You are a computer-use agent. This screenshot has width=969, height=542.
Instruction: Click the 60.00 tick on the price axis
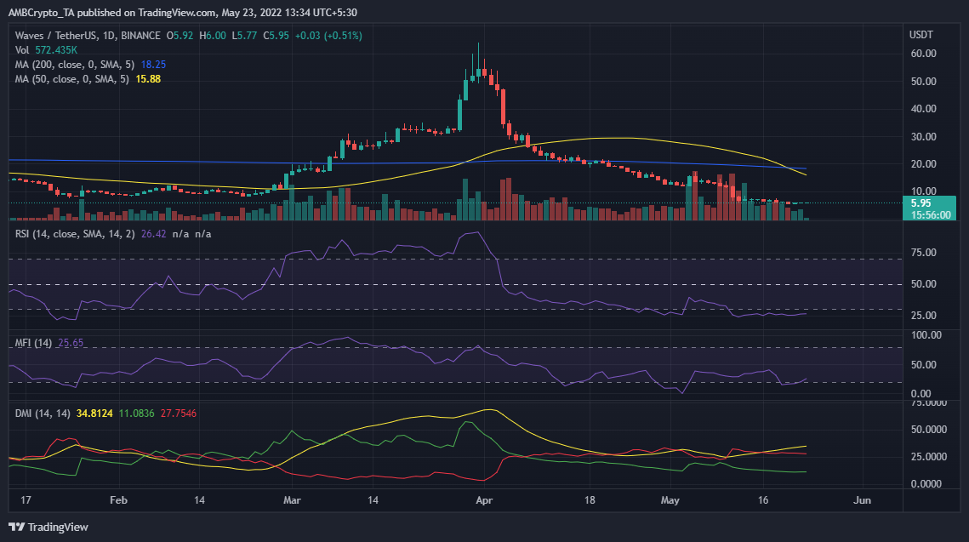tap(923, 54)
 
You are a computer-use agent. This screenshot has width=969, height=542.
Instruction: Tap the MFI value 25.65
tap(71, 343)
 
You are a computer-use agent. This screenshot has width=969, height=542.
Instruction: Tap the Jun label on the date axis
tap(862, 500)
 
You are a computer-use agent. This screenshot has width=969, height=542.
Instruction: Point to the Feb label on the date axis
tap(118, 500)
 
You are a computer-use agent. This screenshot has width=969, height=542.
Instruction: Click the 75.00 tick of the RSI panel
tap(923, 253)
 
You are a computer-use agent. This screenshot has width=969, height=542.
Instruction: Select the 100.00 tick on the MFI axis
tap(925, 335)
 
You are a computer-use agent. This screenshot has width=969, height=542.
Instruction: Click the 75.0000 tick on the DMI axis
tap(927, 402)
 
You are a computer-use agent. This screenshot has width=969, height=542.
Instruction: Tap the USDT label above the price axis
tap(921, 35)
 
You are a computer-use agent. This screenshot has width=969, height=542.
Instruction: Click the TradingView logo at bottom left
tap(48, 528)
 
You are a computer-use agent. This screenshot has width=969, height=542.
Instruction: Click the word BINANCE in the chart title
tap(141, 35)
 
